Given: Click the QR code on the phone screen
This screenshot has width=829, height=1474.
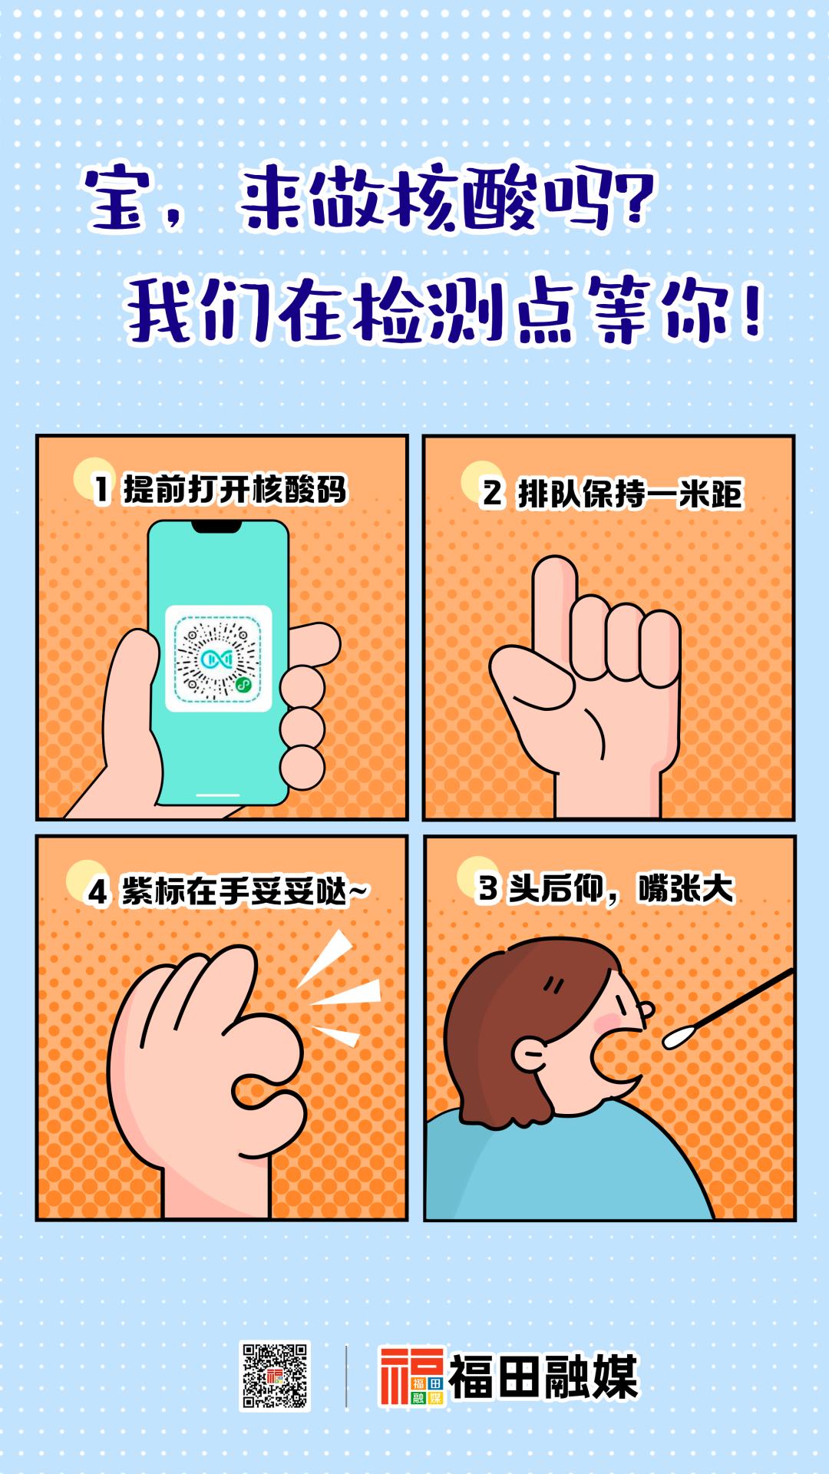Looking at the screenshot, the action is [x=219, y=658].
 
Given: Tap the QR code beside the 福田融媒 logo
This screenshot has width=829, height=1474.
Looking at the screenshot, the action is [x=275, y=1375].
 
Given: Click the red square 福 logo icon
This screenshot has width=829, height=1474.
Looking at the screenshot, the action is [x=412, y=1376].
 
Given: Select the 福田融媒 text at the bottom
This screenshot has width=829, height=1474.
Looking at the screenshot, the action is [x=543, y=1377].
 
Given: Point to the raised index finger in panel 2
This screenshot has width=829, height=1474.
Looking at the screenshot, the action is [x=553, y=606].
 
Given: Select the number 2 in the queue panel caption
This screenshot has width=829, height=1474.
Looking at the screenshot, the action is [x=491, y=494].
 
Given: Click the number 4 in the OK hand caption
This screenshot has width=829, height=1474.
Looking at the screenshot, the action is [x=97, y=893].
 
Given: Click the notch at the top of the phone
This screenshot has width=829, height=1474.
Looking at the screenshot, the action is [x=219, y=527].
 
